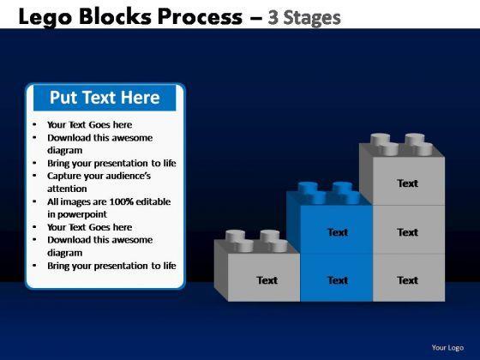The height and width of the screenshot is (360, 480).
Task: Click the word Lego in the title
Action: click(x=45, y=18)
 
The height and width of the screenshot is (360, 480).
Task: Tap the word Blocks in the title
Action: click(x=115, y=16)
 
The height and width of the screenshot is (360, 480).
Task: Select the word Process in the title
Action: click(x=200, y=16)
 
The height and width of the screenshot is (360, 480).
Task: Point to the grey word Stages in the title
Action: click(x=312, y=18)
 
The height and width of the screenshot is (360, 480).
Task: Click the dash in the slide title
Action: click(x=255, y=18)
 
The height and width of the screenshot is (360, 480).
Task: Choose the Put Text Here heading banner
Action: click(x=105, y=98)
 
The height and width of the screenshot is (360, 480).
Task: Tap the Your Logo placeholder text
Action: click(x=447, y=348)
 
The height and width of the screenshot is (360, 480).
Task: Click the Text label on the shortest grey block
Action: click(x=267, y=280)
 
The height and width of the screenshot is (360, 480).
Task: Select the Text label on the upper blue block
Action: click(x=338, y=232)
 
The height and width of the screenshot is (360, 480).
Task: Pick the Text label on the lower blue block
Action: click(x=338, y=280)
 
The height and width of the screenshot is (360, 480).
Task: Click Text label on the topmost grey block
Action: click(x=407, y=183)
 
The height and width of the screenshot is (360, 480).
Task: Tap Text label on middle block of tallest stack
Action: click(x=407, y=232)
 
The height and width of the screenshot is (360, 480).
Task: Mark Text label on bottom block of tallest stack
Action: click(x=407, y=280)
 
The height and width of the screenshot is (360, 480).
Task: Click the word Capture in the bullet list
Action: click(x=61, y=177)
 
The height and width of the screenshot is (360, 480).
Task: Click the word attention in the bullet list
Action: click(x=67, y=189)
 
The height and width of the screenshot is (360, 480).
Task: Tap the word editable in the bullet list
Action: click(x=153, y=201)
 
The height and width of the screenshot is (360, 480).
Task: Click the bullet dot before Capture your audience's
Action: click(x=34, y=176)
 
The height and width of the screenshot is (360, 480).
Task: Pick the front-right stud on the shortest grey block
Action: click(x=278, y=246)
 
